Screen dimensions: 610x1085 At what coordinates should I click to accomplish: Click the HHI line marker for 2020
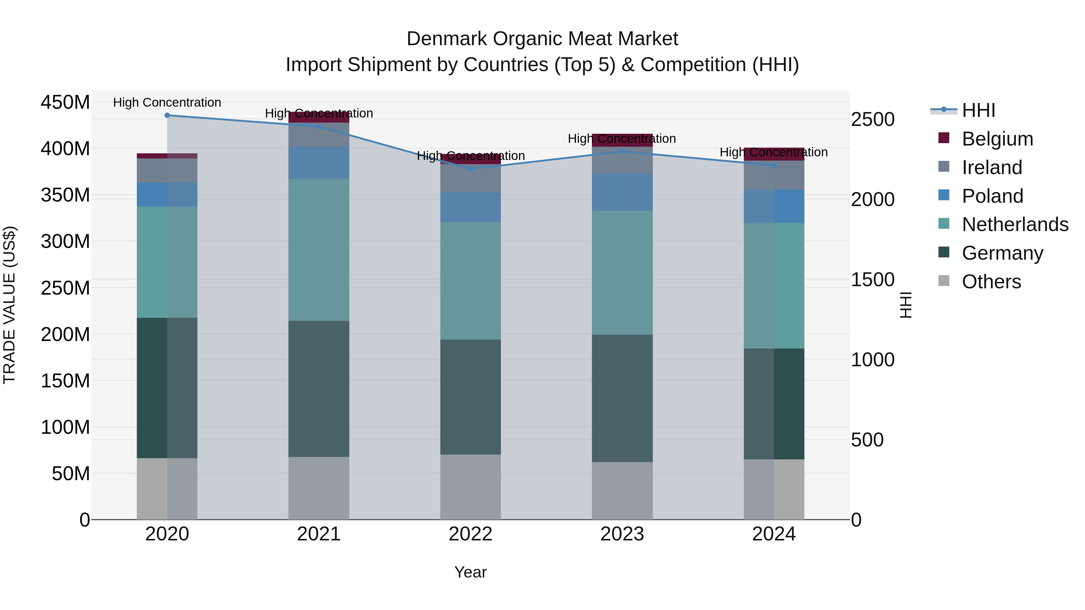(167, 115)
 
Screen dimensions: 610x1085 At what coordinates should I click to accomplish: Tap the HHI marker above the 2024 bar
(774, 165)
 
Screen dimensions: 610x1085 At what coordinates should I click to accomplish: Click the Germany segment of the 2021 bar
(319, 389)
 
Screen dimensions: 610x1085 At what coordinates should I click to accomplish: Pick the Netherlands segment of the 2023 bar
(623, 273)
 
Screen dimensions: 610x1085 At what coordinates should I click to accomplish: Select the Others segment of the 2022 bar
(470, 487)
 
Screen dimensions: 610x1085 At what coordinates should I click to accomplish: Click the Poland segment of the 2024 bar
(774, 206)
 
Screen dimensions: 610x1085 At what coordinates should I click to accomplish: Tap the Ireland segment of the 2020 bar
(167, 171)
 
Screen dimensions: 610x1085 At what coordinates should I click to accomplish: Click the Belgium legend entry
(997, 139)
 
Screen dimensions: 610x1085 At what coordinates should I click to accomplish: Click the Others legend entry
(991, 282)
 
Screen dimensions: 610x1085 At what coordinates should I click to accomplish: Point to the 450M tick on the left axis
(65, 102)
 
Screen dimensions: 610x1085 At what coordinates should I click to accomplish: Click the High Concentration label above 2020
(167, 103)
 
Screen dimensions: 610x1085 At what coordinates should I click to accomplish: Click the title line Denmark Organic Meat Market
(542, 39)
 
